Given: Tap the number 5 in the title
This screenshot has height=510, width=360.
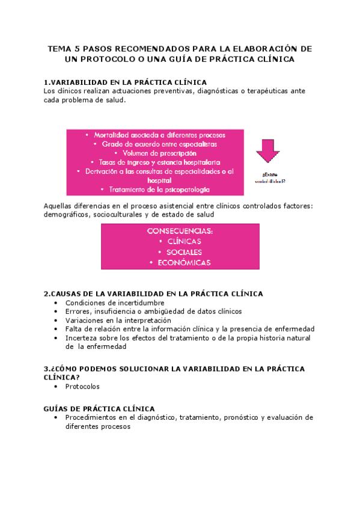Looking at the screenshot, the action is point(81,48).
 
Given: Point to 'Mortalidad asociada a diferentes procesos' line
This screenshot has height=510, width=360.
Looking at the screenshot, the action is point(155,135).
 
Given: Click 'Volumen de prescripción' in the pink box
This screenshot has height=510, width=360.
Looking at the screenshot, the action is point(155,153).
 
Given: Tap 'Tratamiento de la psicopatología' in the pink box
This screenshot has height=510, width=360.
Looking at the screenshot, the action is point(155,189).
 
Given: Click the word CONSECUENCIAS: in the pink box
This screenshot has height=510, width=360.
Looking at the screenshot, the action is point(180,231).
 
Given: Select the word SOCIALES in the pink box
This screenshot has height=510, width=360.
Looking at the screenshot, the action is point(180,252).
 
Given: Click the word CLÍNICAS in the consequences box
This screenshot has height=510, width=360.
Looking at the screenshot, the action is point(180,241).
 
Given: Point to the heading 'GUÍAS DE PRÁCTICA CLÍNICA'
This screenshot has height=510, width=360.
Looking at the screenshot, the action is point(99,408).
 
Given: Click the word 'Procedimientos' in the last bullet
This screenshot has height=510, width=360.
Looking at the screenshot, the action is point(93,417).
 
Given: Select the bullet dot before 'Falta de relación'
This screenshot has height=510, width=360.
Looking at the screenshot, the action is point(56,329).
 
